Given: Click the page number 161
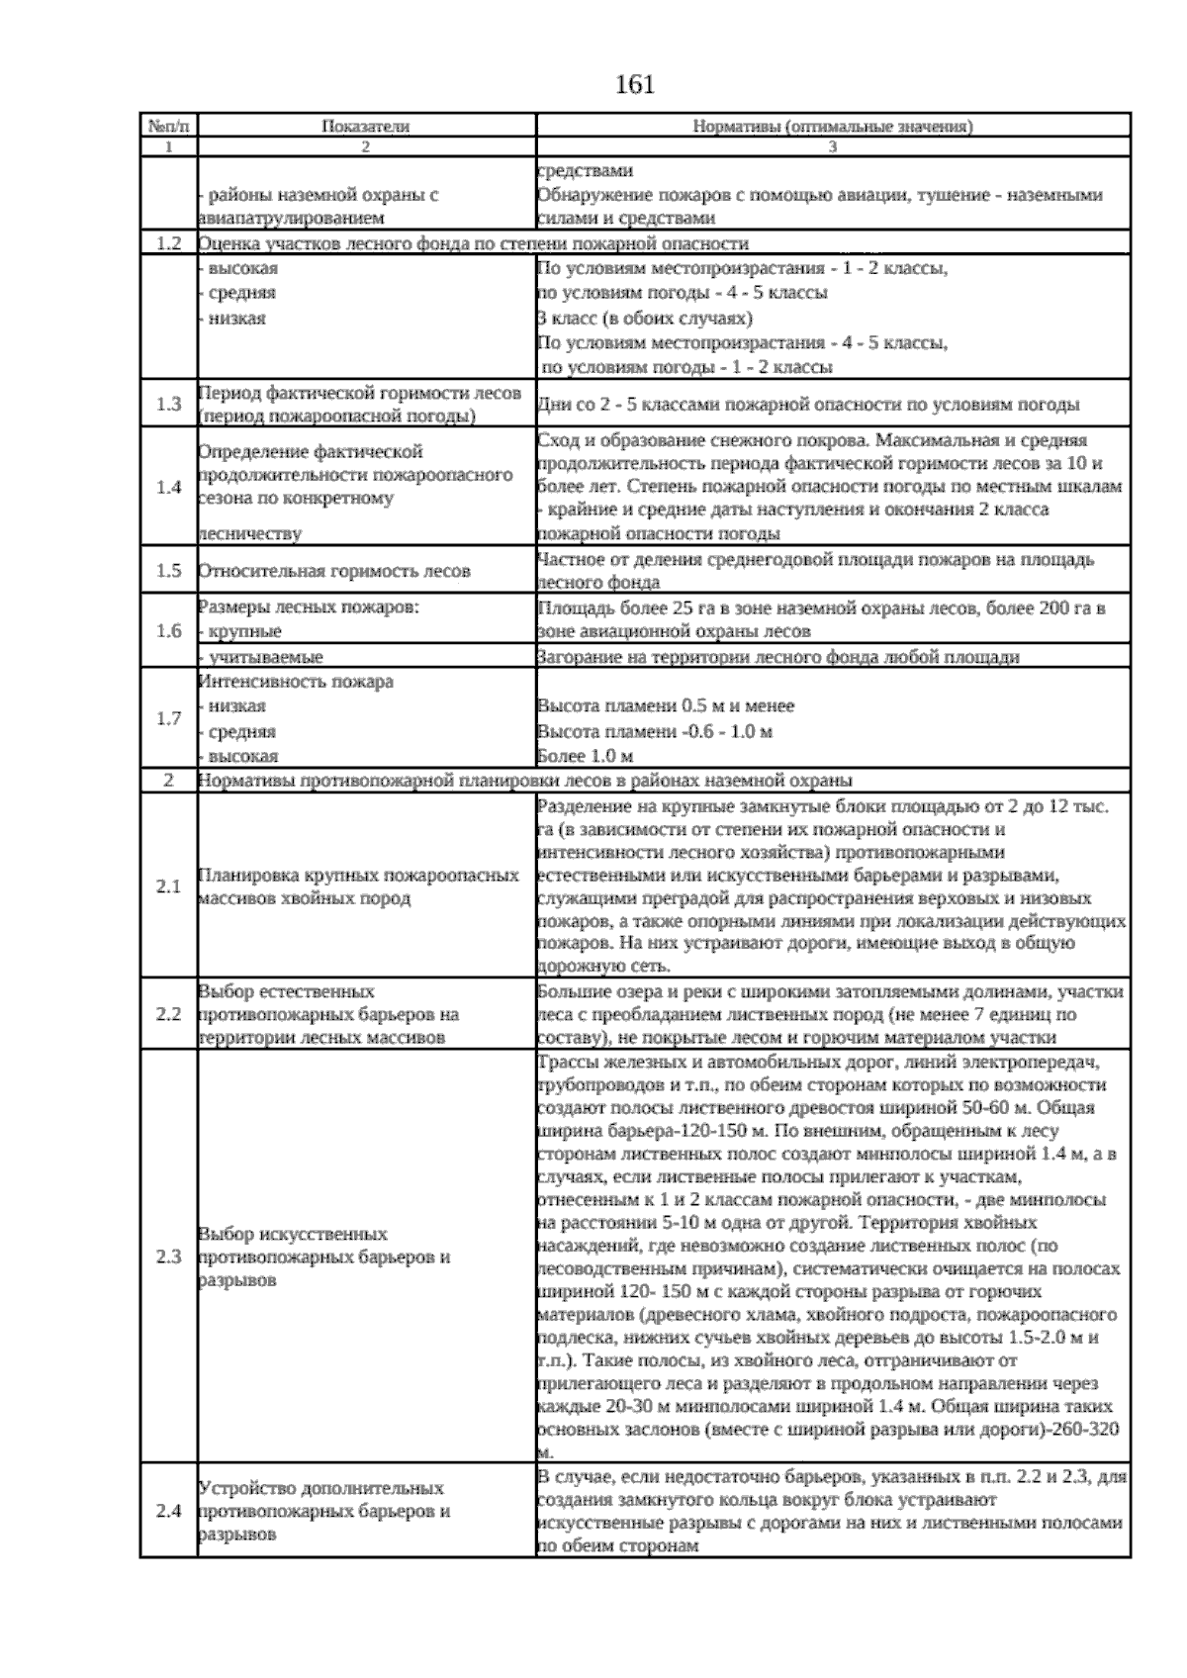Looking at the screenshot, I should (x=634, y=86).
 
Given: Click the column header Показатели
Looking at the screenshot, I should (x=365, y=127).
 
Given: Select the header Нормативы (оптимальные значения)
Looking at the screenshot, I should (x=832, y=127).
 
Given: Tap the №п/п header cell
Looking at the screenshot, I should (x=168, y=127).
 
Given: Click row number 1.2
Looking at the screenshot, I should (x=168, y=243).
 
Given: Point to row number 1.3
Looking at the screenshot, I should (x=168, y=405).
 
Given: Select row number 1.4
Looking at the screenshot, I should (x=168, y=488).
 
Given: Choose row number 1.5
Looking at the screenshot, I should (x=168, y=571).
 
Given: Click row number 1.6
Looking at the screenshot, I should (x=168, y=631).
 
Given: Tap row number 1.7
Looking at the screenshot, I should (x=168, y=718).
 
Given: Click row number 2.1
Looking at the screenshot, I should (x=168, y=887).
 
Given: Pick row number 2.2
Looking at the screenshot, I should (x=168, y=1014).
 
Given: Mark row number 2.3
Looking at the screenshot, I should (x=168, y=1258).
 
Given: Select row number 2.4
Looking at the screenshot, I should (x=168, y=1512).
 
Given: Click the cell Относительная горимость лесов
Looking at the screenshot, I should (x=334, y=571).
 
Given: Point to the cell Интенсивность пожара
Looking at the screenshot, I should (x=296, y=682).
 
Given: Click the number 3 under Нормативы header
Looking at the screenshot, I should (x=832, y=146).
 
